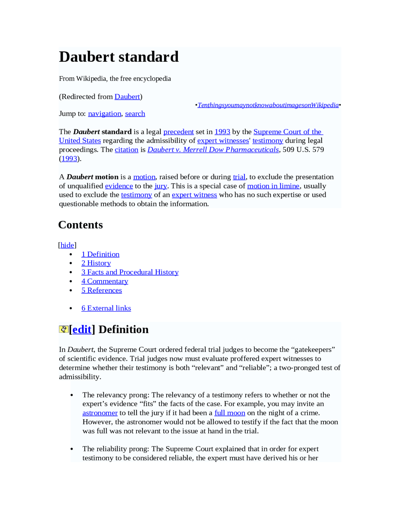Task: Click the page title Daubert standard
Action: coord(119,57)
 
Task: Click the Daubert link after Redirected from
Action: coord(127,97)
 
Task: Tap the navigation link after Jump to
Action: coord(104,114)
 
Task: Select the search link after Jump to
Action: coord(135,114)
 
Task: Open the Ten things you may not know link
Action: coord(268,105)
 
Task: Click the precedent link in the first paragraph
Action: coord(178,132)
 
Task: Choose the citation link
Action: coord(126,150)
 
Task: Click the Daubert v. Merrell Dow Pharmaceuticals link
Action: coord(213,150)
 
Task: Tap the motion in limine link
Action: coord(273,186)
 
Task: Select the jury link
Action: coord(161,186)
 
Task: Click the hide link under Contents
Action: coord(67,245)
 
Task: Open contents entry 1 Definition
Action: coord(100,254)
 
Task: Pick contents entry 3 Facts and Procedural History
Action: coord(130,272)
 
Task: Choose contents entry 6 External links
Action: coord(106,308)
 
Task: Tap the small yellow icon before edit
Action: coord(63,330)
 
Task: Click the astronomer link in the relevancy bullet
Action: coord(100,413)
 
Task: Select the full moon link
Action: coord(230,413)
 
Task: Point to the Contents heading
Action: coord(81,225)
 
